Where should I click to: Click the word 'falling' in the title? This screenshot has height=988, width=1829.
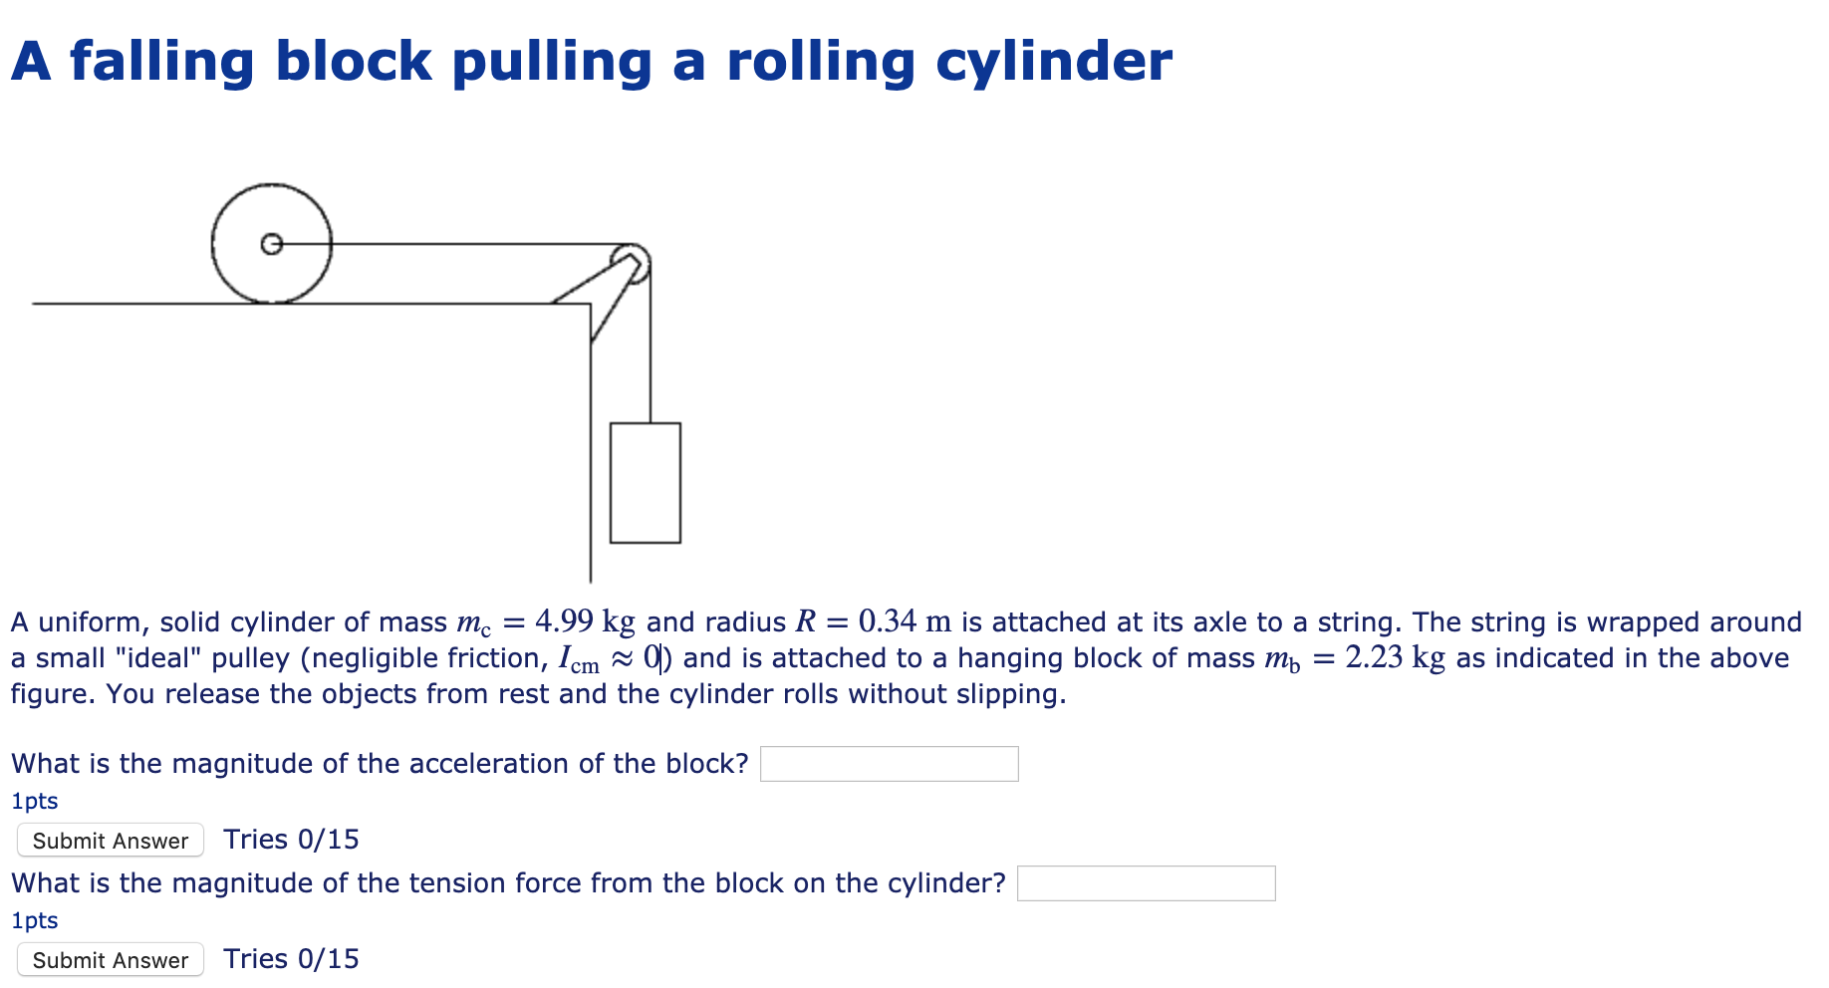click(162, 62)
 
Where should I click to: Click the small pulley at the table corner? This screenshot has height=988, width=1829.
click(632, 262)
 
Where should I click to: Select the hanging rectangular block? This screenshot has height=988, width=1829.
click(645, 483)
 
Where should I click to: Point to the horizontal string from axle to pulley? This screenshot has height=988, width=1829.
click(448, 243)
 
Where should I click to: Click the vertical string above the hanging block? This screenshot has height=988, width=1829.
click(651, 349)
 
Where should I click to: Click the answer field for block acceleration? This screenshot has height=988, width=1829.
click(889, 764)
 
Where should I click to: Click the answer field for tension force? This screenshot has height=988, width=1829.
click(1146, 883)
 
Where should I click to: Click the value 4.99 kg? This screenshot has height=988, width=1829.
click(584, 622)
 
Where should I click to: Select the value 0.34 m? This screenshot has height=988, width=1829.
click(904, 622)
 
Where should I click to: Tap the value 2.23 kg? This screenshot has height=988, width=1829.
click(1394, 658)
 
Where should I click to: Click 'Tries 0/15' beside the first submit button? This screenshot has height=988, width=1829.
click(291, 840)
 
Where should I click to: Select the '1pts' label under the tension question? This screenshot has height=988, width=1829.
click(35, 920)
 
